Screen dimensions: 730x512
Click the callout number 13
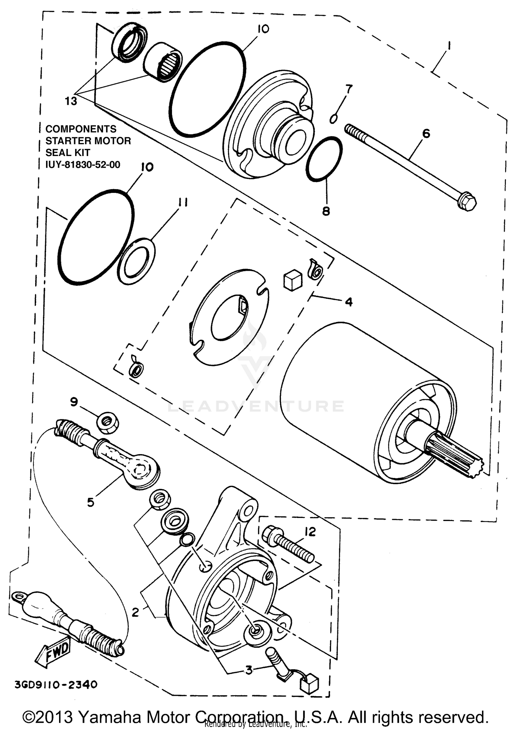point(71,101)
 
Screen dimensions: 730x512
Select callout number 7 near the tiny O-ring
point(349,89)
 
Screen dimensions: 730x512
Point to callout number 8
point(326,211)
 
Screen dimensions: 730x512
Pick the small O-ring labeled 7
point(334,118)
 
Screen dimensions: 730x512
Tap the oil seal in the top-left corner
point(130,42)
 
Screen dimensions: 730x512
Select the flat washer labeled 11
point(136,261)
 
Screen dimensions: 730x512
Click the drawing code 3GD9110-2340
point(56,685)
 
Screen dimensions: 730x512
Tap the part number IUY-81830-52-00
point(83,165)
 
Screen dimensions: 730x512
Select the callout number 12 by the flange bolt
point(310,532)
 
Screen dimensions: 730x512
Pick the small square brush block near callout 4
point(293,280)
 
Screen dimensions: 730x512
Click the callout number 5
point(90,502)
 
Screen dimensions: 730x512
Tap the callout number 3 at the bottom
point(249,670)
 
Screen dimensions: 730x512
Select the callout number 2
point(136,612)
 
